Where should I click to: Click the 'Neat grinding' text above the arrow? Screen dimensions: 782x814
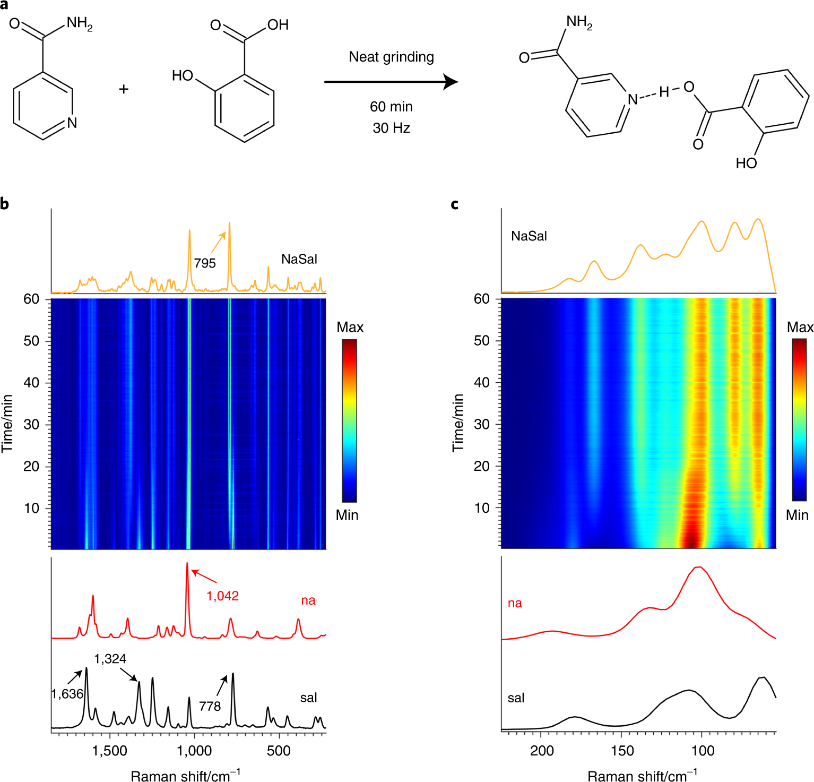pyautogui.click(x=391, y=57)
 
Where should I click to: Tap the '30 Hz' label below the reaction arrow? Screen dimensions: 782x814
pyautogui.click(x=391, y=128)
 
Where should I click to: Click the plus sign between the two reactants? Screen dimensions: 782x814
pyautogui.click(x=124, y=89)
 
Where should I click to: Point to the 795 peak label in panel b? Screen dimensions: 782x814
pyautogui.click(x=205, y=263)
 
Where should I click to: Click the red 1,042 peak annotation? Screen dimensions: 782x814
pyautogui.click(x=222, y=596)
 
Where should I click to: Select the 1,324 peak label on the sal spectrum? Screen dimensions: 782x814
pyautogui.click(x=110, y=659)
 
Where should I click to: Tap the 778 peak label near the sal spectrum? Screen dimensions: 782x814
pyautogui.click(x=210, y=706)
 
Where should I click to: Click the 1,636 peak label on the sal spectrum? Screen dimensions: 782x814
pyautogui.click(x=67, y=694)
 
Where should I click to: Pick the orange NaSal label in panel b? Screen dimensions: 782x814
pyautogui.click(x=299, y=259)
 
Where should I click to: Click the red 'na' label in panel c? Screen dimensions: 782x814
pyautogui.click(x=515, y=603)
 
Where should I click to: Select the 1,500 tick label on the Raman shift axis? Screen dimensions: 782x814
pyautogui.click(x=109, y=751)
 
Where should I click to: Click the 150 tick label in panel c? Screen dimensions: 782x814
pyautogui.click(x=622, y=751)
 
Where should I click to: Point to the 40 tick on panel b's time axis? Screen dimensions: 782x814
pyautogui.click(x=31, y=382)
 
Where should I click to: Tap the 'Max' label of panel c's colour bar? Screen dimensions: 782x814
pyautogui.click(x=800, y=327)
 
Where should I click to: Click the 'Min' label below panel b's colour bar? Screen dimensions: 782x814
pyautogui.click(x=347, y=515)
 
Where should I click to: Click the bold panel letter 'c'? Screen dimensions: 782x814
pyautogui.click(x=455, y=204)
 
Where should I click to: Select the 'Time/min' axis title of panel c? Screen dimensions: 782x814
pyautogui.click(x=457, y=423)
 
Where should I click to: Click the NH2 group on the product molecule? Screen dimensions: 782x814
pyautogui.click(x=579, y=22)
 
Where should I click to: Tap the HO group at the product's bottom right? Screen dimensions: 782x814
pyautogui.click(x=746, y=163)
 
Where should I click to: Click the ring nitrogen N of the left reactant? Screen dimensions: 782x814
pyautogui.click(x=72, y=123)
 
